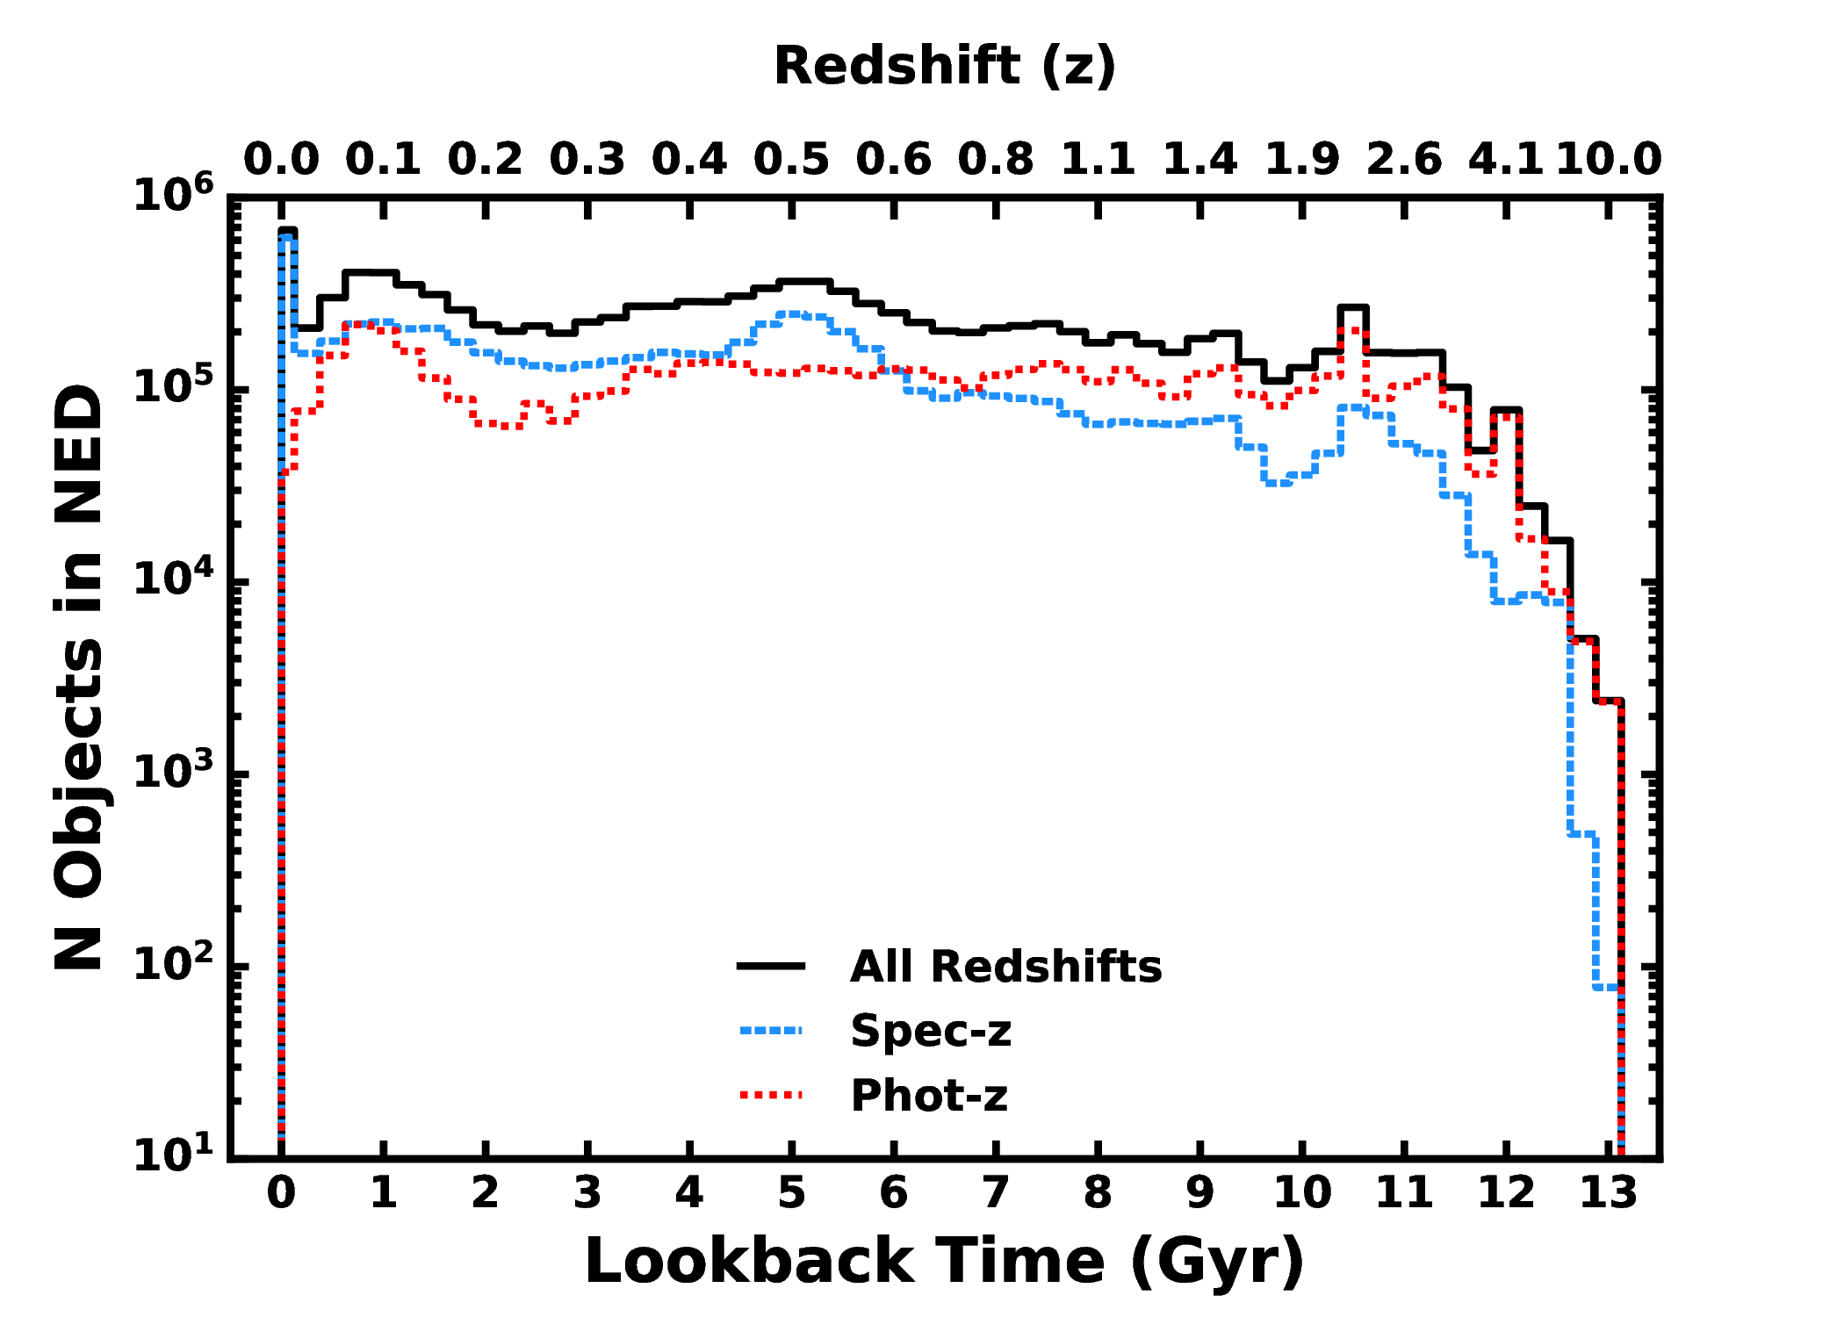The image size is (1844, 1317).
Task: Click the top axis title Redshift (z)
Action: (944, 67)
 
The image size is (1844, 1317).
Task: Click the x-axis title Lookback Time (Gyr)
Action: (944, 1261)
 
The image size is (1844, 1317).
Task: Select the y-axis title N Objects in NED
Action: (79, 676)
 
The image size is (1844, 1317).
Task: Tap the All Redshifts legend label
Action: (1005, 967)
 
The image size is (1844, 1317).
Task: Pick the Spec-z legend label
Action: (931, 1031)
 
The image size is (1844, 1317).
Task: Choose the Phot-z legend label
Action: (929, 1095)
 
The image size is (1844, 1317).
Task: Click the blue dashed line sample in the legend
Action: (771, 1031)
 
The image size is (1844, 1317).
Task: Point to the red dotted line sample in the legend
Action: (771, 1095)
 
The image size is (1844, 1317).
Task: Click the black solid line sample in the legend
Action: (771, 967)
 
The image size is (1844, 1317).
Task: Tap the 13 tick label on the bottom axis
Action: (1609, 1193)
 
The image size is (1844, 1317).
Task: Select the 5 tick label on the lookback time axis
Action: (791, 1193)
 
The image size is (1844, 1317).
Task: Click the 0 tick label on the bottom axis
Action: (281, 1193)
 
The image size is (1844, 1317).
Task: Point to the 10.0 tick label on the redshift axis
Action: (1609, 160)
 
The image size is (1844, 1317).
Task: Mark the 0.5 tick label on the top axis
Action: (791, 160)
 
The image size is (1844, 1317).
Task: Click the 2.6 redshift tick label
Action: (1404, 160)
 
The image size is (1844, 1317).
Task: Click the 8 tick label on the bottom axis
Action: (1098, 1193)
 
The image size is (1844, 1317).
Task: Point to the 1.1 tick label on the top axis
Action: (1098, 160)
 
